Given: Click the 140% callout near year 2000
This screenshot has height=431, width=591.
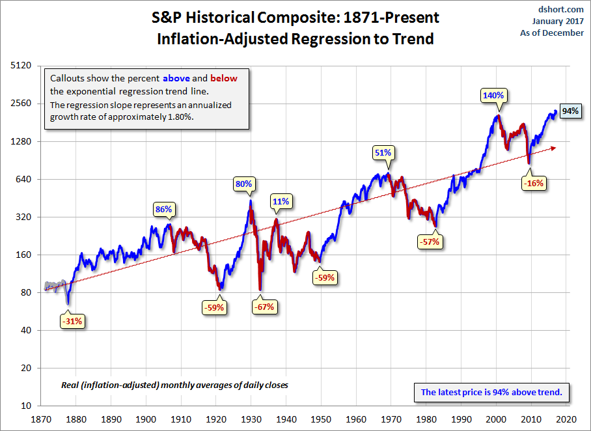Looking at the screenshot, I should tap(493, 95).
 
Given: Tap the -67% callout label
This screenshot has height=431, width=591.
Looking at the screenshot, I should tap(264, 307).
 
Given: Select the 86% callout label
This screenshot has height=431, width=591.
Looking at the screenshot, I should tap(163, 209).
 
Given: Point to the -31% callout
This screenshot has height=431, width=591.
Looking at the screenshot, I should tap(72, 321).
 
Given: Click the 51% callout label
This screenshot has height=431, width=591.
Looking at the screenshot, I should tap(383, 152).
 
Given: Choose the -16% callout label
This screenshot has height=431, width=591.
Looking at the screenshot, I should tap(533, 183).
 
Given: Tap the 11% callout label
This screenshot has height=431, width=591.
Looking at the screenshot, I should tap(281, 201).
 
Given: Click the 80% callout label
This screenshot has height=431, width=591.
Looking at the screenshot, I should tap(243, 184).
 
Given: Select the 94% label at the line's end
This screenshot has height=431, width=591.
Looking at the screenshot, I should tap(570, 111).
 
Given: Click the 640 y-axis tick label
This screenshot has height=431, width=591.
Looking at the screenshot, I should tap(24, 179).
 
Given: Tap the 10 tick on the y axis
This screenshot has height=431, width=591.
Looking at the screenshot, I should tap(27, 406).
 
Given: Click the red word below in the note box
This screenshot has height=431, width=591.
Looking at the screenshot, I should tap(223, 78).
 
